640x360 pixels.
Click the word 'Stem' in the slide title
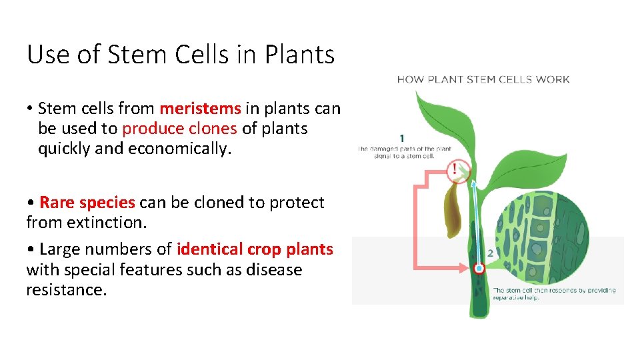[x=125, y=55]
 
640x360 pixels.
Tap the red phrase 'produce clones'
[x=179, y=128]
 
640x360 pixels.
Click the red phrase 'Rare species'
[x=87, y=202]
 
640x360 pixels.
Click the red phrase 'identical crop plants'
[x=255, y=249]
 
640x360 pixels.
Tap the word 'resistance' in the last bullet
[x=65, y=290]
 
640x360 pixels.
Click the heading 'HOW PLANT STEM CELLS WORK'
[x=483, y=79]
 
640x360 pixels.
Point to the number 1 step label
[x=402, y=138]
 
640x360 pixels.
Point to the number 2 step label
[x=490, y=253]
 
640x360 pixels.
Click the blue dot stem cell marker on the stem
[x=478, y=269]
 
